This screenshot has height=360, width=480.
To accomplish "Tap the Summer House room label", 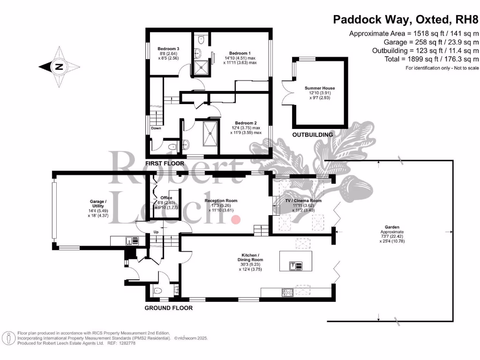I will [x=320, y=88].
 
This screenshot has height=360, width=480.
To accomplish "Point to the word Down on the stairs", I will [x=156, y=128].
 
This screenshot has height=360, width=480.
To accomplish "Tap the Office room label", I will [x=166, y=198].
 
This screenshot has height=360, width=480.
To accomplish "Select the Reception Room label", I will [x=221, y=201].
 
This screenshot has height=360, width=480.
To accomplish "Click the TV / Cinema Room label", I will [x=303, y=201].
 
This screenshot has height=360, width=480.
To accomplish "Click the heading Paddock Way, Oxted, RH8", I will [x=405, y=20].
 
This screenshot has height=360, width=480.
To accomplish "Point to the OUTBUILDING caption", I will [x=312, y=135].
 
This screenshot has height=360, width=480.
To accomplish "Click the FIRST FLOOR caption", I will [x=165, y=164].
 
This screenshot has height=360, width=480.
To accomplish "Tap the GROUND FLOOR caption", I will [x=168, y=308].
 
